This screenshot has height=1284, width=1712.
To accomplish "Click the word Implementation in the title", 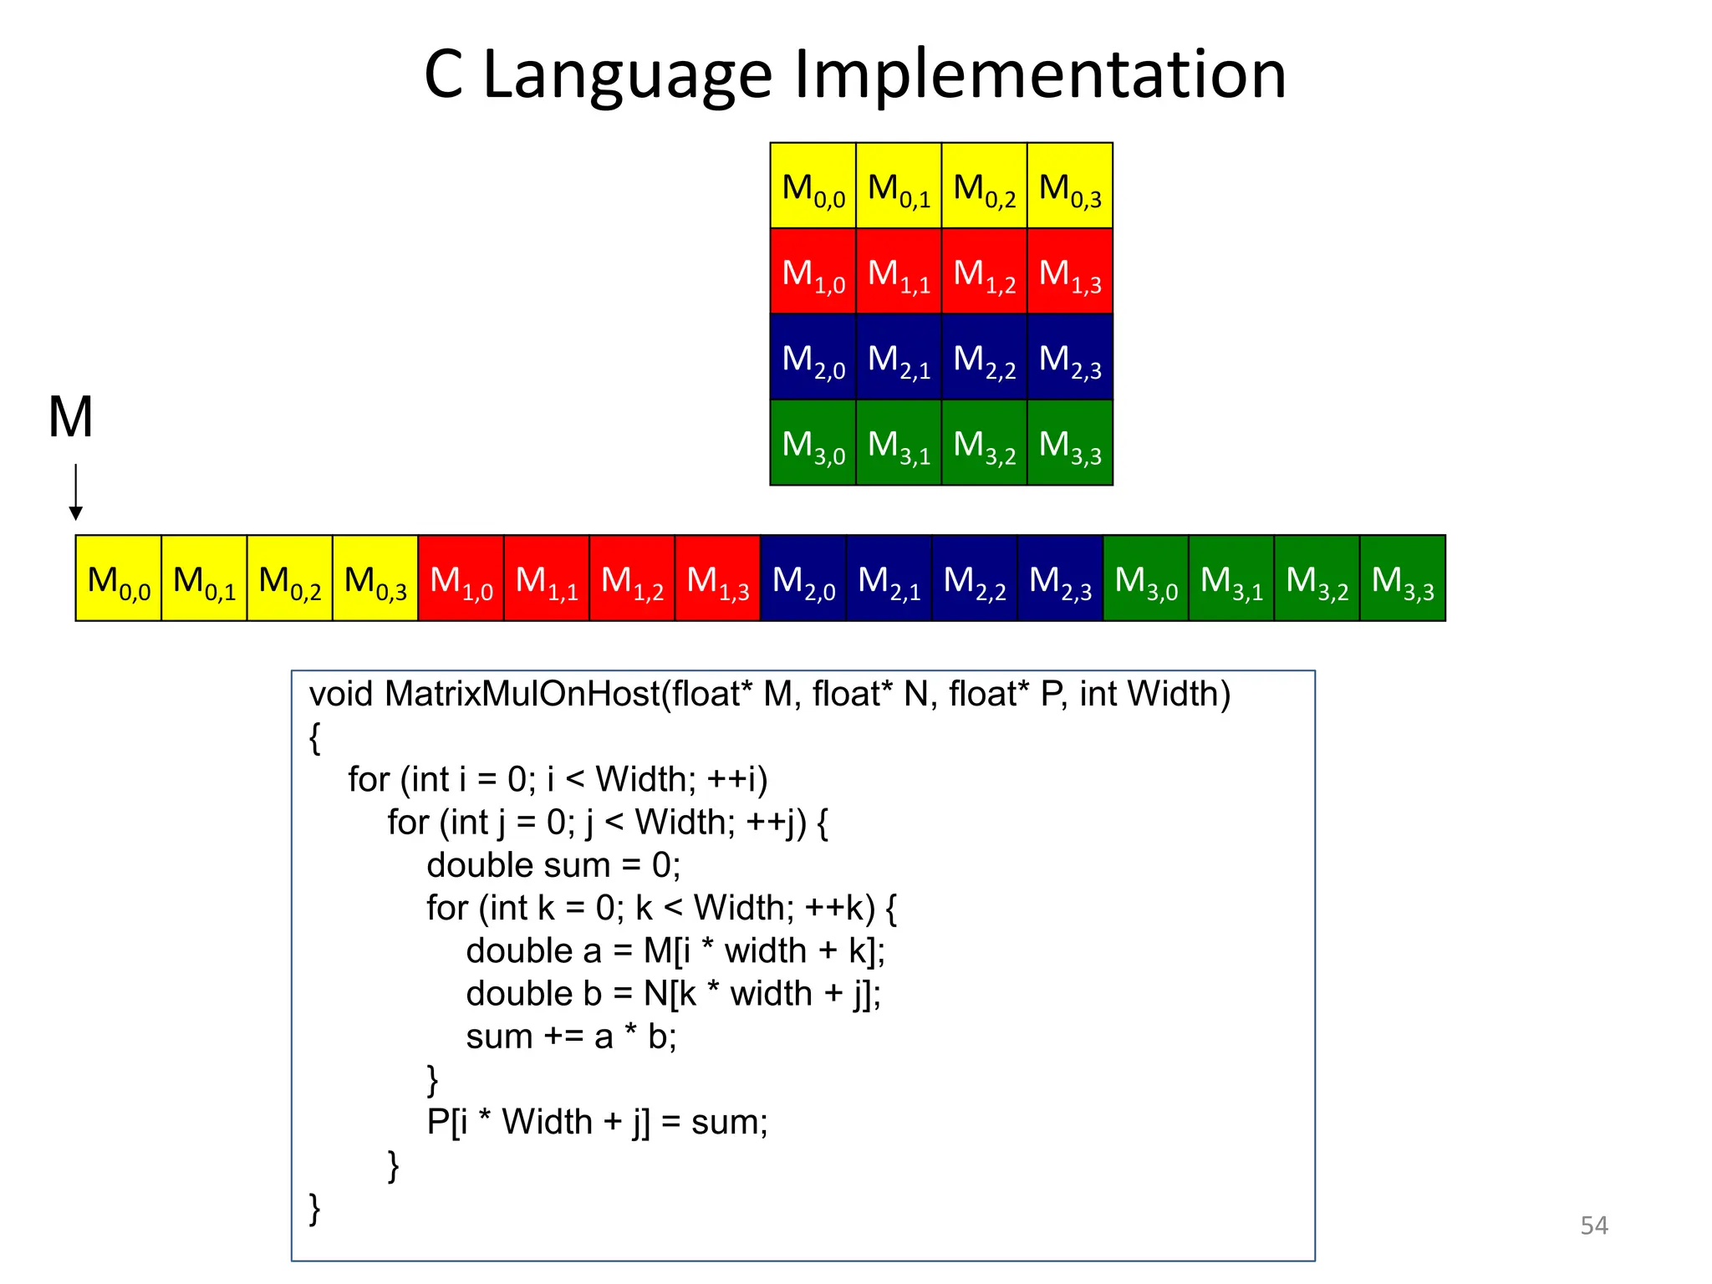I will [x=1040, y=75].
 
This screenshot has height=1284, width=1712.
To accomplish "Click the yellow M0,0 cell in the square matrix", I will [x=813, y=186].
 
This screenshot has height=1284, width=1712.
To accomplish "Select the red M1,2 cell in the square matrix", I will [x=984, y=272].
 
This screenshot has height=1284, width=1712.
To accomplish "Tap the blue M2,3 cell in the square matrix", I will [x=1070, y=358].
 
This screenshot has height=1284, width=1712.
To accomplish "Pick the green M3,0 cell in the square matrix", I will [x=813, y=443].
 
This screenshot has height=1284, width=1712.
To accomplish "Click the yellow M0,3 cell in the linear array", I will [x=375, y=578].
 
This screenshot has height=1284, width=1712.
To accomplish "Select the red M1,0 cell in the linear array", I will [x=461, y=578].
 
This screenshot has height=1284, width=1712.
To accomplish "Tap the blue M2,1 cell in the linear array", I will [x=889, y=578].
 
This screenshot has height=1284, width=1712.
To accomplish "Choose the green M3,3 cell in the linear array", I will [x=1403, y=578].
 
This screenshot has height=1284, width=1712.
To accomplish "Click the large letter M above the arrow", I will [x=71, y=417].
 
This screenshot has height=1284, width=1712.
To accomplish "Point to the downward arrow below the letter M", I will [x=76, y=493].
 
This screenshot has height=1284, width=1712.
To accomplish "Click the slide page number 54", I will [x=1593, y=1225].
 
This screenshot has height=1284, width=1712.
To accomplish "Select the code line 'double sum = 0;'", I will [x=553, y=865].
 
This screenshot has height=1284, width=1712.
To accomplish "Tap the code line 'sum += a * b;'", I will [x=571, y=1037].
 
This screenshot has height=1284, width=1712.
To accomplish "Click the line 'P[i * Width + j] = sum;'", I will [x=597, y=1122].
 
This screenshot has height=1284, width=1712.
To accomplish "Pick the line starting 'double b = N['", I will [x=673, y=994].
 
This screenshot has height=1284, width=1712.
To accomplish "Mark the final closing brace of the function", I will [x=315, y=1209].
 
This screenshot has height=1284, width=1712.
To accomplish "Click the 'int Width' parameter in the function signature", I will [x=1154, y=694].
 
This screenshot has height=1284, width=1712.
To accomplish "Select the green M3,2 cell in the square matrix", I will [x=984, y=443].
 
